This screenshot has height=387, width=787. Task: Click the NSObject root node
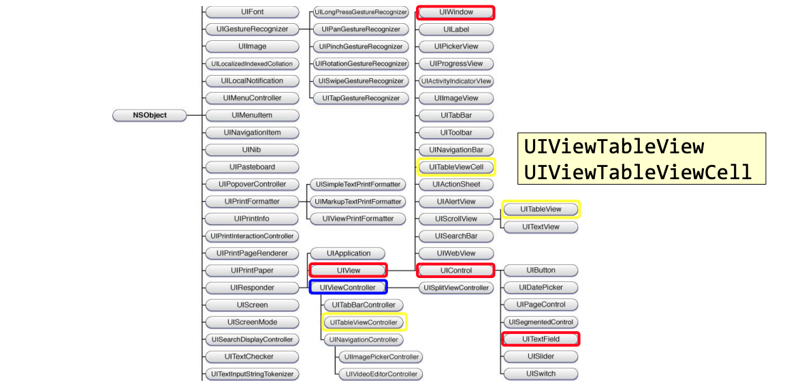click(x=150, y=115)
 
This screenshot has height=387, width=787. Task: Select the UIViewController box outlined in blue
click(x=348, y=288)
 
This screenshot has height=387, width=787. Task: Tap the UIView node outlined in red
click(x=348, y=270)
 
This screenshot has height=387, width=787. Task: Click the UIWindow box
click(x=455, y=12)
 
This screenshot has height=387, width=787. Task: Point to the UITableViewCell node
click(x=455, y=167)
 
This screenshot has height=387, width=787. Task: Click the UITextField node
click(x=541, y=339)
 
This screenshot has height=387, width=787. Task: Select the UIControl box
click(x=455, y=270)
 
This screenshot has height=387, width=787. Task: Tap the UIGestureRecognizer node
click(x=252, y=29)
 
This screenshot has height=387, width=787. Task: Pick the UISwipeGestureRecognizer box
click(x=361, y=81)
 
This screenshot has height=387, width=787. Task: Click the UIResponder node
click(x=252, y=288)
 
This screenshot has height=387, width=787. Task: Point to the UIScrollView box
click(x=455, y=219)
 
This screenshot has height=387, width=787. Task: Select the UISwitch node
click(x=541, y=373)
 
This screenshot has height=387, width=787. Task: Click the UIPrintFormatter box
click(x=252, y=202)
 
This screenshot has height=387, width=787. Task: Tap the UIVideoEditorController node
click(x=381, y=374)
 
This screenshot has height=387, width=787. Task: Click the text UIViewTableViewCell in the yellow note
click(x=638, y=172)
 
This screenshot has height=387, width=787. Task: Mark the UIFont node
click(x=252, y=12)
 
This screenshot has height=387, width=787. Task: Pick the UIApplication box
click(x=348, y=253)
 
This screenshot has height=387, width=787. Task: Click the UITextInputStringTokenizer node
click(x=252, y=374)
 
